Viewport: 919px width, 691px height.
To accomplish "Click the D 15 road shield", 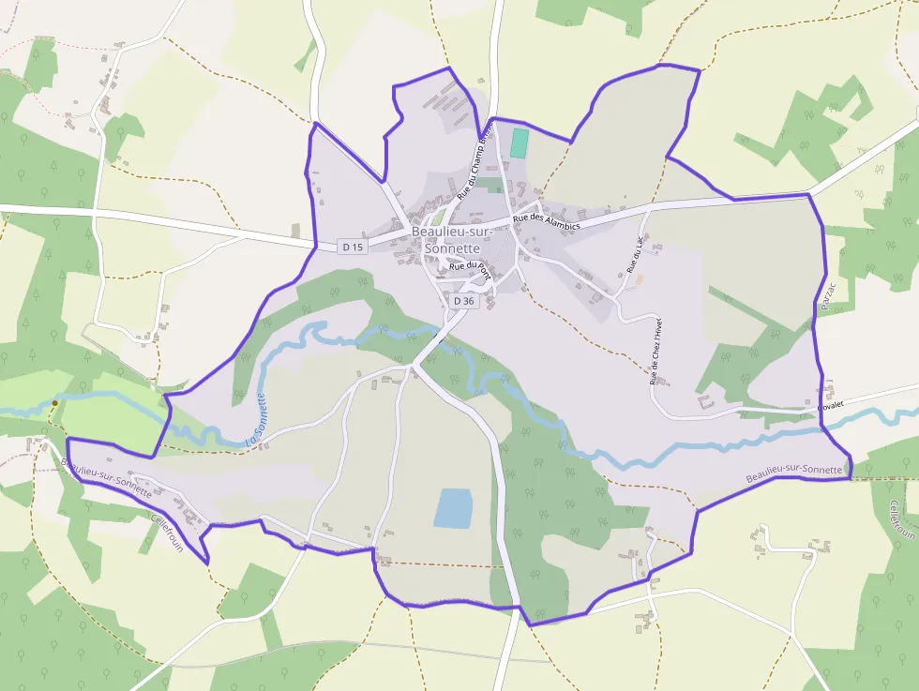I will point(353,247).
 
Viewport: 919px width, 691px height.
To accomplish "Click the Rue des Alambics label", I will point(547,223).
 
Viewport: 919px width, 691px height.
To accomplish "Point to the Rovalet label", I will point(831,407).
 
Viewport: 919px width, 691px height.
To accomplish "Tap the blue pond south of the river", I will point(454,507).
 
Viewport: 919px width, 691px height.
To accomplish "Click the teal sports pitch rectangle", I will point(519,143).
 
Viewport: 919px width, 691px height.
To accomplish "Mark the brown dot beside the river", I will point(55,403).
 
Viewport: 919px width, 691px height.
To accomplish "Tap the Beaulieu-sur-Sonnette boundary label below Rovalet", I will point(794,473).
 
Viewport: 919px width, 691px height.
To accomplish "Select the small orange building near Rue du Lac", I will point(640,278).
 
